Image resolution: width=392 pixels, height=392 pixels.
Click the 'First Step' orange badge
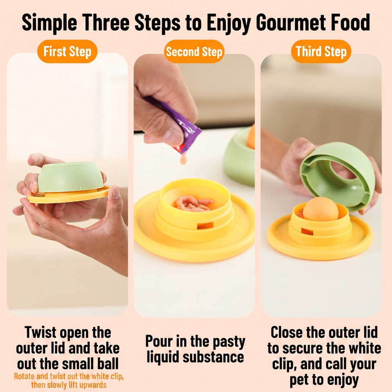pyautogui.click(x=67, y=51)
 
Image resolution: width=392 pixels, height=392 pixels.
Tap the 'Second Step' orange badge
pyautogui.click(x=194, y=51)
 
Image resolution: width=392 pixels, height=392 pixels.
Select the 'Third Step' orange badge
pyautogui.click(x=321, y=51)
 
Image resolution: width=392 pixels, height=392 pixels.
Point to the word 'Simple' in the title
pyautogui.click(x=49, y=23)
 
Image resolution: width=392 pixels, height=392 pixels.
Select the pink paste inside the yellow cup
pyautogui.click(x=194, y=203)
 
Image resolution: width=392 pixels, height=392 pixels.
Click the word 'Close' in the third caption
pyautogui.click(x=287, y=332)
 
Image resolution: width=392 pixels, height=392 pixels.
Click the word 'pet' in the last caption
pyautogui.click(x=299, y=380)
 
